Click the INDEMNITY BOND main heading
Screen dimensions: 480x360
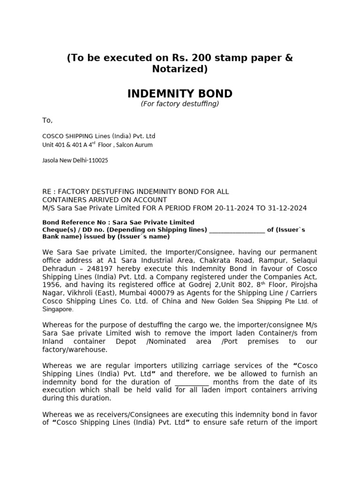click(180, 93)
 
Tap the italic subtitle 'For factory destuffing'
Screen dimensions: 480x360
click(180, 104)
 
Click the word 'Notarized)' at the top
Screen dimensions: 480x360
click(180, 69)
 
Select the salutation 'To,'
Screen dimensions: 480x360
click(48, 120)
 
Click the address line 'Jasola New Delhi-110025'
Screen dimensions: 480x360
click(75, 160)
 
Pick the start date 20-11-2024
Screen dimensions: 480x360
click(235, 208)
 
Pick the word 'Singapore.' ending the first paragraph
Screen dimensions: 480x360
click(58, 309)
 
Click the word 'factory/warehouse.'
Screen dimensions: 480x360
click(75, 350)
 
